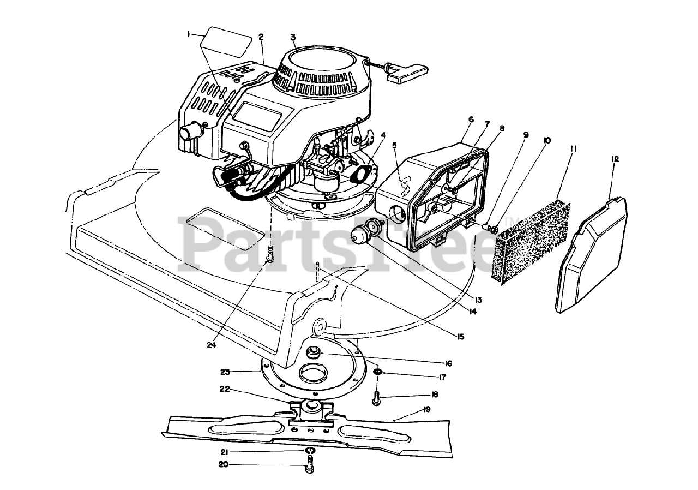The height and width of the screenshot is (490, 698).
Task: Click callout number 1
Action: [189, 34]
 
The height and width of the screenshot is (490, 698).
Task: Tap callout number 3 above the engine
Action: [293, 37]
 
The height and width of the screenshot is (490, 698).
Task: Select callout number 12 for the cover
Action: [615, 159]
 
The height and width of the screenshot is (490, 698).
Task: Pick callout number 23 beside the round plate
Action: [226, 372]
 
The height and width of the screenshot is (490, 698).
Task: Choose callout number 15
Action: [460, 337]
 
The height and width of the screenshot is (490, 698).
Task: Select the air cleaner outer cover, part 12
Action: [592, 256]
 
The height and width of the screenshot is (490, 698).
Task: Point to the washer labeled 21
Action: [310, 451]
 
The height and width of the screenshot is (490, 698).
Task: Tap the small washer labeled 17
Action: [377, 373]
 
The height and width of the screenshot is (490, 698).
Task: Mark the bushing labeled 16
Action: [314, 353]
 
